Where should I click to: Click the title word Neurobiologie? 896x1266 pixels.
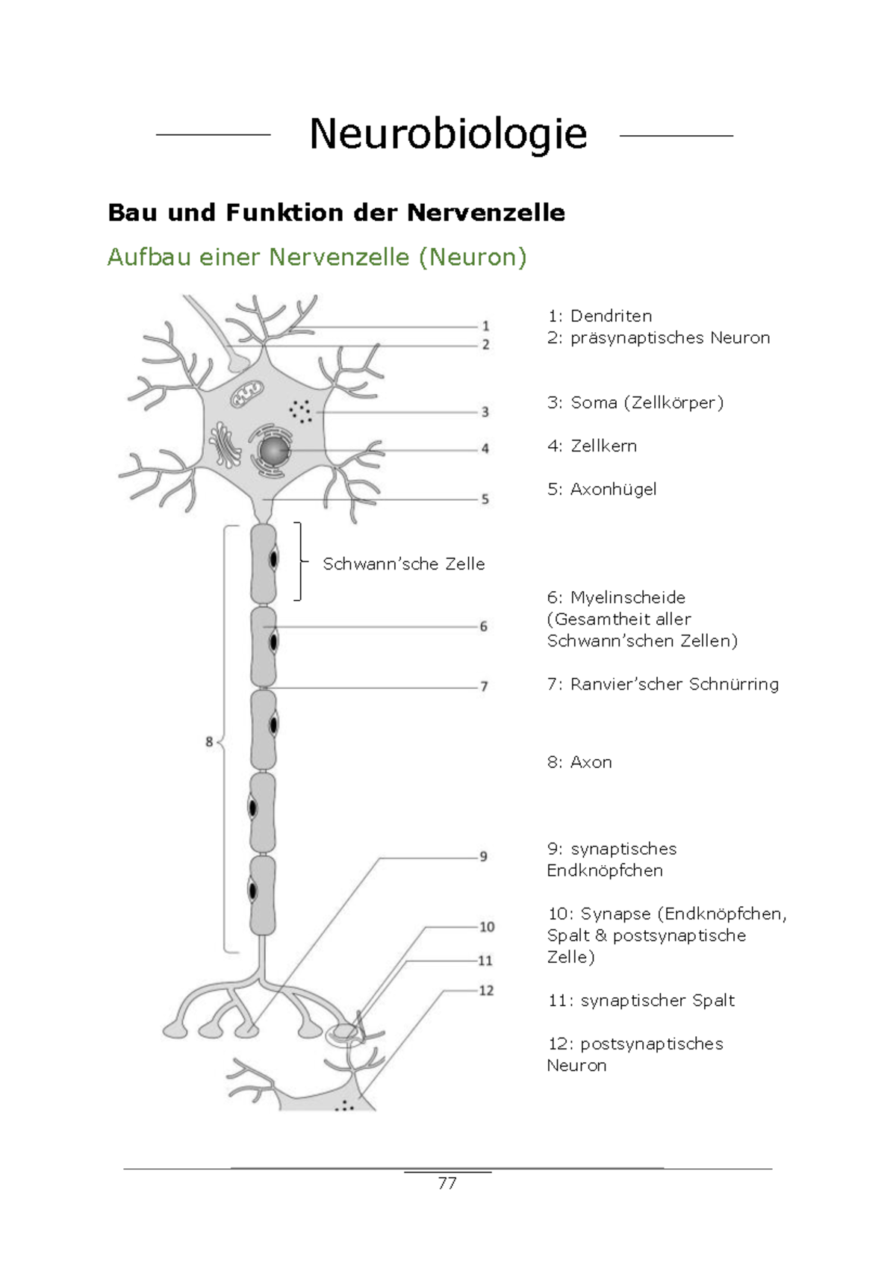pyautogui.click(x=448, y=134)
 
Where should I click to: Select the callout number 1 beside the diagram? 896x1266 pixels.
pyautogui.click(x=485, y=326)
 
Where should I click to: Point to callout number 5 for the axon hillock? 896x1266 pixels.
pyautogui.click(x=485, y=499)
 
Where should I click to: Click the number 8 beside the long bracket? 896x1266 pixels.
pyautogui.click(x=209, y=742)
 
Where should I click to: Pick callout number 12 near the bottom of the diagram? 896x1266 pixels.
pyautogui.click(x=486, y=991)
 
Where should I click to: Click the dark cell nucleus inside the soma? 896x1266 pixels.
pyautogui.click(x=273, y=450)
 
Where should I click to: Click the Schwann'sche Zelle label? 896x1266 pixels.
pyautogui.click(x=403, y=564)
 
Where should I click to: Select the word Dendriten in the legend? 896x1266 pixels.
pyautogui.click(x=611, y=316)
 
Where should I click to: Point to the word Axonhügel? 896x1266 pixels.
pyautogui.click(x=613, y=490)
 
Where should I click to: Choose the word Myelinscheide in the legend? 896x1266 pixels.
pyautogui.click(x=627, y=598)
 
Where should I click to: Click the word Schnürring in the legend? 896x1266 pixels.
pyautogui.click(x=733, y=685)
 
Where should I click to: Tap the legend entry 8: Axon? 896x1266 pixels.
pyautogui.click(x=579, y=762)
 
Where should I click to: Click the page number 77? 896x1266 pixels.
pyautogui.click(x=447, y=1183)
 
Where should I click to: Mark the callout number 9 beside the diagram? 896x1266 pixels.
pyautogui.click(x=484, y=856)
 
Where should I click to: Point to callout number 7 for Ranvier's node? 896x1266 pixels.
pyautogui.click(x=484, y=686)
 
